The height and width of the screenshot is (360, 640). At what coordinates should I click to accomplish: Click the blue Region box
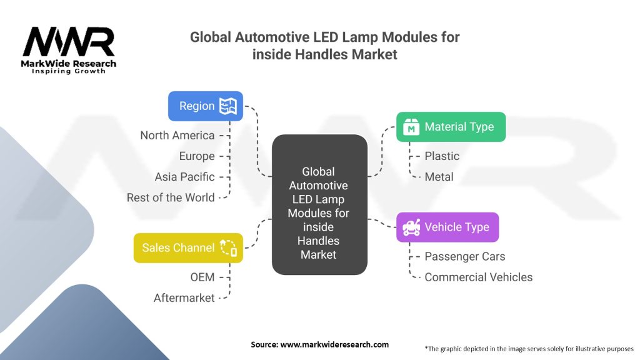[205, 106]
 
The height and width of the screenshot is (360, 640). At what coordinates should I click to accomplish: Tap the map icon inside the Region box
[227, 106]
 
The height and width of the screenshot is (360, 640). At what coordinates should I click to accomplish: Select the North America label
[177, 135]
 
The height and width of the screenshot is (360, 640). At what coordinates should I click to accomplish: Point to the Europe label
[196, 156]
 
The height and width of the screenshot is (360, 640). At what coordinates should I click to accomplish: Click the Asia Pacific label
[184, 177]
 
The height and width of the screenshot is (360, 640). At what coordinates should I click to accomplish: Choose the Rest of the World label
[170, 197]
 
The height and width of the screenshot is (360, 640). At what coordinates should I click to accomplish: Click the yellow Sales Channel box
[187, 247]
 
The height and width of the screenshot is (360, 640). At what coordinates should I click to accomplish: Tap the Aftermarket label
[184, 298]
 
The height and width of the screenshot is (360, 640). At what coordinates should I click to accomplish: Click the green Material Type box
[450, 127]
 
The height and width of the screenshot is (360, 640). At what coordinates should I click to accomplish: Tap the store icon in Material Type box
[411, 127]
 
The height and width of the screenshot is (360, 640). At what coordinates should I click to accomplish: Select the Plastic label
[441, 156]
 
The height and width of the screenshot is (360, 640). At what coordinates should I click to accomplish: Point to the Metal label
[439, 177]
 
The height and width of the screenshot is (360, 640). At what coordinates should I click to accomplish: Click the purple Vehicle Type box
[447, 227]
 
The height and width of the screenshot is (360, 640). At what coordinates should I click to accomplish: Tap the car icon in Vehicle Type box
[411, 227]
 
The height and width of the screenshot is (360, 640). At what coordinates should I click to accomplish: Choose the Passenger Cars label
[464, 256]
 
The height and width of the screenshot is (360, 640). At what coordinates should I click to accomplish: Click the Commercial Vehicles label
[478, 277]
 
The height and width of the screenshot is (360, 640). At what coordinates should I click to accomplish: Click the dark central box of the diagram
[319, 205]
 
